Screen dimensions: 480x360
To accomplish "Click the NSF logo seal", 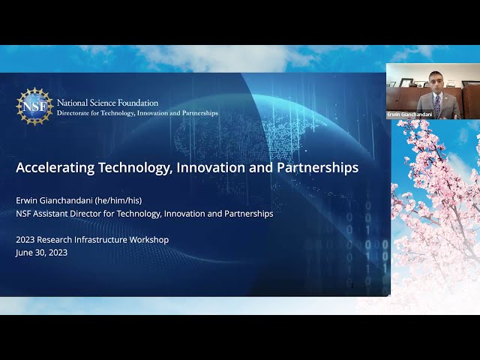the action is (34, 106).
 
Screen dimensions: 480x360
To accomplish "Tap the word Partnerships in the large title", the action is (317, 168).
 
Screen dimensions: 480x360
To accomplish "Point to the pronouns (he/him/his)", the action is (118, 200).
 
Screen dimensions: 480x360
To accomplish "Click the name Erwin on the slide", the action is (27, 200).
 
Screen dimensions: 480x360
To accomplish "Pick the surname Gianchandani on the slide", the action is (66, 200).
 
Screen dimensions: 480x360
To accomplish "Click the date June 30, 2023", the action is (42, 253).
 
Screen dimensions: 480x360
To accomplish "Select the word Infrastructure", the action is (100, 239).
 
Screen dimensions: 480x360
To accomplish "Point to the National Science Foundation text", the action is (107, 103).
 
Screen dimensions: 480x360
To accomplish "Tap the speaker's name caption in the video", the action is (409, 115).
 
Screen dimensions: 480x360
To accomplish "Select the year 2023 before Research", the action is (25, 240).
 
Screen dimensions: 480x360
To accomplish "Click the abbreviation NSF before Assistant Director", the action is (23, 214).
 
